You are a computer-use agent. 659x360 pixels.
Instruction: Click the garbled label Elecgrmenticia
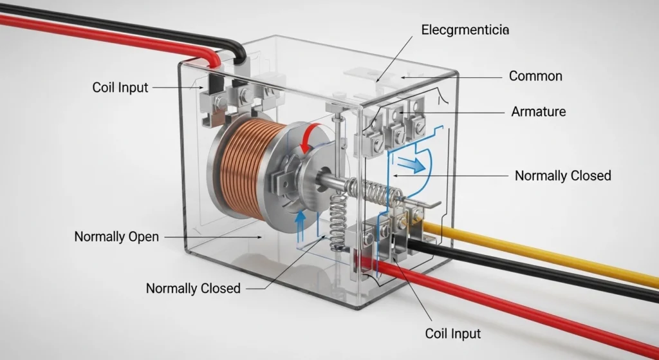click(464, 30)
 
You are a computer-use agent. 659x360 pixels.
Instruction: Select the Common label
click(535, 76)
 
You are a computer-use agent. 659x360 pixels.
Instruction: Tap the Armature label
click(539, 111)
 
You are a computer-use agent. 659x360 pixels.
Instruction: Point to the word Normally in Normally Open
click(98, 236)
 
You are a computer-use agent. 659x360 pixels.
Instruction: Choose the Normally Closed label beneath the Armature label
click(563, 175)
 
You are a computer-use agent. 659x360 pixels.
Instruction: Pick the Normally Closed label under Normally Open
click(193, 288)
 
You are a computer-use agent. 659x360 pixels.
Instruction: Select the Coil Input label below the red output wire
click(453, 333)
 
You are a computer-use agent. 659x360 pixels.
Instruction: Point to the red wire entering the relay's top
click(97, 31)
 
